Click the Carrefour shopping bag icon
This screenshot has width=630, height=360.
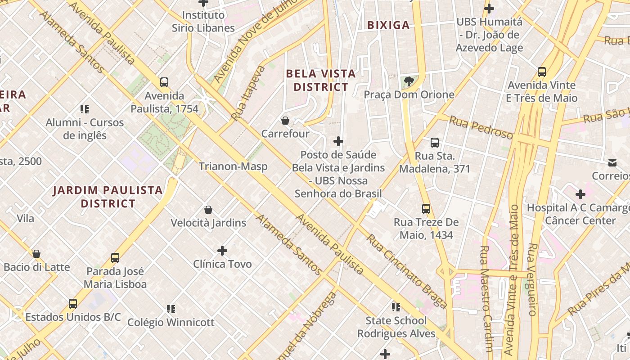pos(285,121)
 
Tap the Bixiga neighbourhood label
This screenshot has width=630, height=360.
pos(388,25)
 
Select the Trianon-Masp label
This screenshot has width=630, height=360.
pos(233,166)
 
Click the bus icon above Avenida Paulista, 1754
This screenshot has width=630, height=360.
pos(164,82)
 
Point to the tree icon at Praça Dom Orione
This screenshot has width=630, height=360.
pos(409,81)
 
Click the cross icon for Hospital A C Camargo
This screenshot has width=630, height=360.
pos(580,194)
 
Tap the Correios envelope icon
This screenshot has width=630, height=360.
pos(612,162)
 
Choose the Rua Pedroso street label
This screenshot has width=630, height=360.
pos(481,127)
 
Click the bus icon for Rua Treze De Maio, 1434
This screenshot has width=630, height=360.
pos(426,209)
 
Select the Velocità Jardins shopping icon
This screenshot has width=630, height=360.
pos(208,210)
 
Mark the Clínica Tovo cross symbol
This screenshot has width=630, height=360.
pos(222,251)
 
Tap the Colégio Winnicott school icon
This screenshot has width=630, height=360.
pos(171,309)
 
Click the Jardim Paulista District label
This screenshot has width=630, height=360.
pos(108,197)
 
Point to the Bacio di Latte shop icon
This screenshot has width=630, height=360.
pos(36,254)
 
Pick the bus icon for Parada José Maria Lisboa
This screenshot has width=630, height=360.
pos(115,258)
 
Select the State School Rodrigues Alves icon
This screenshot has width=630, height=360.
pos(396,307)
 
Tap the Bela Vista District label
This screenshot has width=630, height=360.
pos(321,80)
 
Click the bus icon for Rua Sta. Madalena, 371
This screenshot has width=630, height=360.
pos(435,143)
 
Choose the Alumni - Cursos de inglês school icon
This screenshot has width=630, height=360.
pos(85,109)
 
